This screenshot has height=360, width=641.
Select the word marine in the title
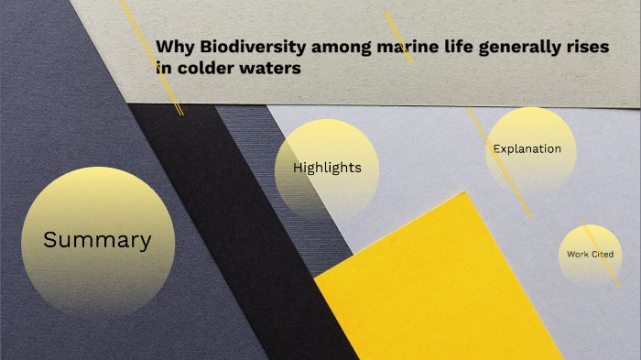coord(407,47)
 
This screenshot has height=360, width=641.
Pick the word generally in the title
coord(522,48)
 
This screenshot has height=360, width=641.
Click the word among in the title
coord(343,48)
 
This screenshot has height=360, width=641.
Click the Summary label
coord(97,241)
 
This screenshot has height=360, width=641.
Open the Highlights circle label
coord(327,168)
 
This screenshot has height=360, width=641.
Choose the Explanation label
coord(527,148)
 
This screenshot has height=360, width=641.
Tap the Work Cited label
coord(590,254)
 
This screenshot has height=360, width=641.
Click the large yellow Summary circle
coord(97,206)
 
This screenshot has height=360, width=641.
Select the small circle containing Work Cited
coord(590,240)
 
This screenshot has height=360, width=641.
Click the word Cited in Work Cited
coord(602,254)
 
